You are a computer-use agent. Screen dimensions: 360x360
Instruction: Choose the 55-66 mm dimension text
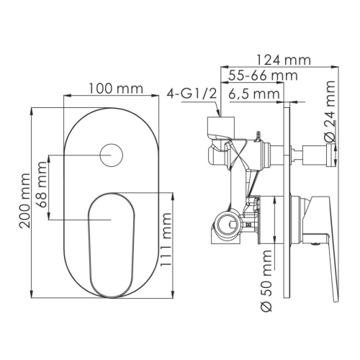[256, 76]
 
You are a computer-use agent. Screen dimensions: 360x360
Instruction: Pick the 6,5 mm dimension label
[255, 94]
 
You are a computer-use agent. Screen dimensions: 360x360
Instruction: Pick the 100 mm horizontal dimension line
[112, 96]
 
